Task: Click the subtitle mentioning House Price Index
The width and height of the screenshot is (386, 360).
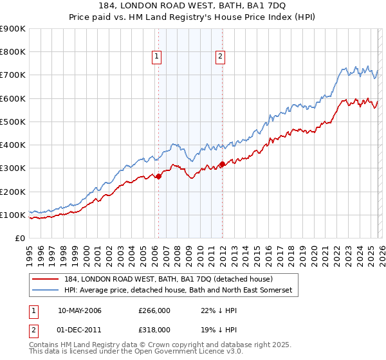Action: click(x=193, y=18)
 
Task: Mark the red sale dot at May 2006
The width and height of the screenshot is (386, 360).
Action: click(x=158, y=176)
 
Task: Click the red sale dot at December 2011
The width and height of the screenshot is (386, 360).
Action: click(x=222, y=164)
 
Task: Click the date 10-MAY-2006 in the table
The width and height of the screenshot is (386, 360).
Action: click(x=79, y=310)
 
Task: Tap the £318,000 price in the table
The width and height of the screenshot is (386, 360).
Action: click(x=154, y=329)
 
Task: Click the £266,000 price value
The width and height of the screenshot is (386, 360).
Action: click(x=154, y=310)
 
